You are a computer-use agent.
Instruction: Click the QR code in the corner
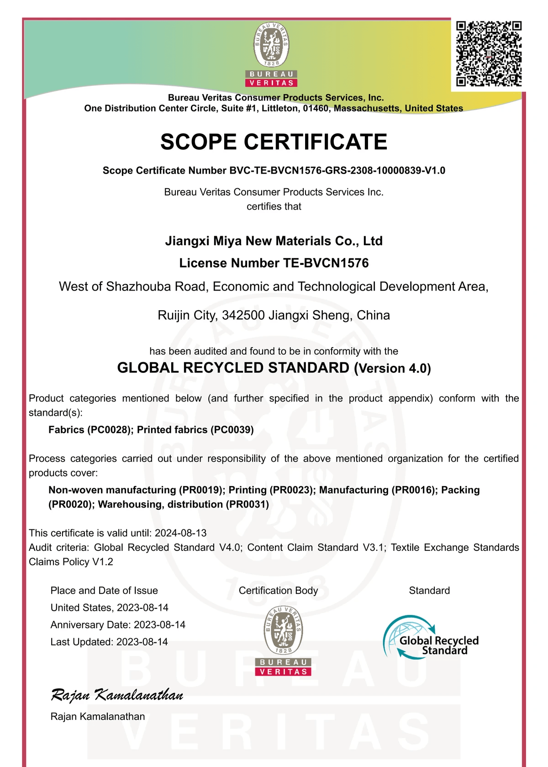pyautogui.click(x=489, y=53)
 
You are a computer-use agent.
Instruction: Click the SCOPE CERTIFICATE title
pyautogui.click(x=274, y=142)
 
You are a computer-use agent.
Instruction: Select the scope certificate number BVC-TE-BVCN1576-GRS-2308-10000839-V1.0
pyautogui.click(x=337, y=171)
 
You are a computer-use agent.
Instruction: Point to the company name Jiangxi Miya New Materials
pyautogui.click(x=274, y=241)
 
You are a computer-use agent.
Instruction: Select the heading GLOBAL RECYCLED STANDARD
pyautogui.click(x=233, y=368)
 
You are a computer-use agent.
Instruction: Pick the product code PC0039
pyautogui.click(x=232, y=430)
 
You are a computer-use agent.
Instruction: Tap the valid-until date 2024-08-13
pyautogui.click(x=181, y=534)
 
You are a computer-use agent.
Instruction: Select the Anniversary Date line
pyautogui.click(x=118, y=625)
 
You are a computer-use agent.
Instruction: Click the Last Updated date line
pyautogui.click(x=109, y=642)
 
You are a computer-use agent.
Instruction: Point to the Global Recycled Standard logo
pyautogui.click(x=431, y=638)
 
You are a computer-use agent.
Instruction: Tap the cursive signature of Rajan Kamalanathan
pyautogui.click(x=117, y=695)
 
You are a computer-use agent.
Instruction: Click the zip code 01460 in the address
pyautogui.click(x=316, y=109)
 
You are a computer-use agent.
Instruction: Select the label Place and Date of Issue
pyautogui.click(x=104, y=591)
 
